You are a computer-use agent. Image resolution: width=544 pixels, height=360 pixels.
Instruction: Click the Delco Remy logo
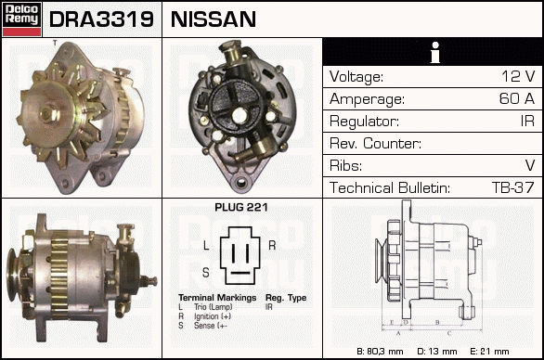click(21, 19)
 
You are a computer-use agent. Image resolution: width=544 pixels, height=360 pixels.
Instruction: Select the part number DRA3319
click(101, 19)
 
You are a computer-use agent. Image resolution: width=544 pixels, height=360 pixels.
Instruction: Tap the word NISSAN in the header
click(214, 19)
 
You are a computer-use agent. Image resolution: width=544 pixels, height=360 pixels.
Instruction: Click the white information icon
click(434, 52)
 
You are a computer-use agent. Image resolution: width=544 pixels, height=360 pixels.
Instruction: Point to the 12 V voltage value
click(518, 76)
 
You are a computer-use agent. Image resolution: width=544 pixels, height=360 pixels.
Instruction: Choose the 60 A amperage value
click(516, 98)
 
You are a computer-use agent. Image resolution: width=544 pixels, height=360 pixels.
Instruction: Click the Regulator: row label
click(364, 122)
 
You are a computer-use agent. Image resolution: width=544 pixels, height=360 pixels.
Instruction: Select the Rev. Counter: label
click(375, 143)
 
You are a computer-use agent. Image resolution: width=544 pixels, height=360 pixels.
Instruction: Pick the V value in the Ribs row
click(530, 165)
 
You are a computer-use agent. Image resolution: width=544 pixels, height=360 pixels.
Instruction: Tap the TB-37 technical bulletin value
click(513, 187)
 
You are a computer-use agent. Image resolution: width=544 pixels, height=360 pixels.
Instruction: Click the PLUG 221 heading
click(241, 207)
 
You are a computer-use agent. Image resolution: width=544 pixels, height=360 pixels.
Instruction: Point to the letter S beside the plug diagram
click(206, 273)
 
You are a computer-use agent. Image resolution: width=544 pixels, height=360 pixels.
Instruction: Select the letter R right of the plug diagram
click(272, 245)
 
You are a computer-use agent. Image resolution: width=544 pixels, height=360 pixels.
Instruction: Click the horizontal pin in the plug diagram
click(240, 273)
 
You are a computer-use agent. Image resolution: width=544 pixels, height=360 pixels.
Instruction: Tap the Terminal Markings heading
click(217, 298)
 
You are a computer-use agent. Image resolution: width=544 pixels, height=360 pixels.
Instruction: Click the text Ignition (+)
click(213, 316)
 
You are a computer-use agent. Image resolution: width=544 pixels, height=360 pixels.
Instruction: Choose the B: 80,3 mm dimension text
click(380, 352)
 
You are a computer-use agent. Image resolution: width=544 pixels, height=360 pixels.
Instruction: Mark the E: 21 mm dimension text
click(489, 352)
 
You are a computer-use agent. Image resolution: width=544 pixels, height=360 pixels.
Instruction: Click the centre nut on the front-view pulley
click(47, 114)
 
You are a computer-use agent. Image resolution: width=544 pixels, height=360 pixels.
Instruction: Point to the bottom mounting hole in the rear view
click(240, 181)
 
